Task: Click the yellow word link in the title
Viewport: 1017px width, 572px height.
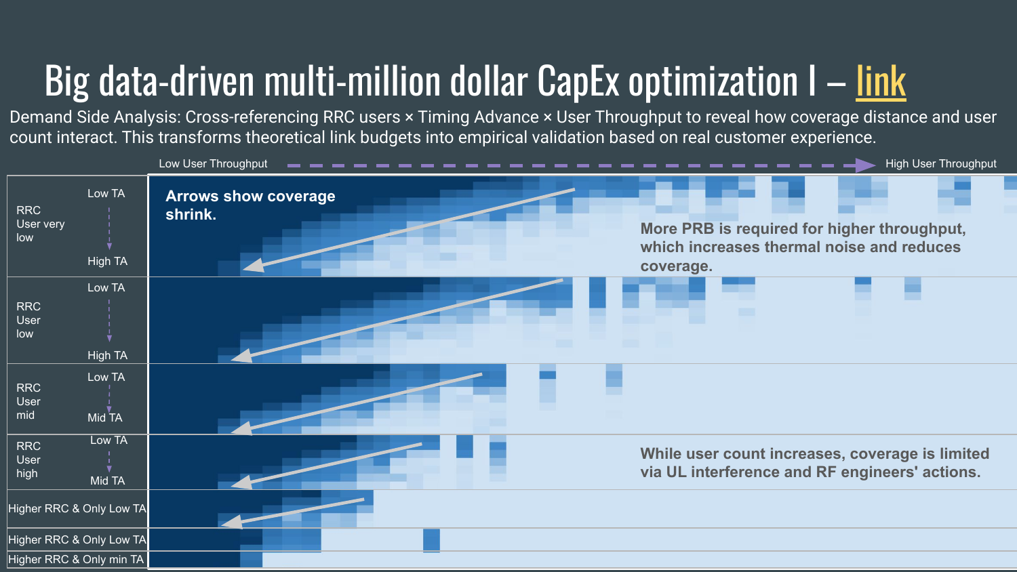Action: point(881,82)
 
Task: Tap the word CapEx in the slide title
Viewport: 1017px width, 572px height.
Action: point(578,82)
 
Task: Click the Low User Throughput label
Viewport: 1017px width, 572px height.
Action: point(213,164)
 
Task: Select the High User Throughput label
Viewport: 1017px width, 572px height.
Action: point(940,164)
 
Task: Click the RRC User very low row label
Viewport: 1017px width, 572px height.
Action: point(40,224)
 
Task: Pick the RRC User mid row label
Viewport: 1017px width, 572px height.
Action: point(28,401)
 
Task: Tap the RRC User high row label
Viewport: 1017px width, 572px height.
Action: point(28,459)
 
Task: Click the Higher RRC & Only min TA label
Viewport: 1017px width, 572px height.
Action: point(76,560)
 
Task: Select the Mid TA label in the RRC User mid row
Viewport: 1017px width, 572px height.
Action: point(105,417)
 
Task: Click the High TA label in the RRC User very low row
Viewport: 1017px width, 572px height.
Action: point(107,262)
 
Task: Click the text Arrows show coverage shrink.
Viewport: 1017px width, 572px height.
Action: point(250,205)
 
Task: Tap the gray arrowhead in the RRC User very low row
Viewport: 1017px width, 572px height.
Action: point(253,266)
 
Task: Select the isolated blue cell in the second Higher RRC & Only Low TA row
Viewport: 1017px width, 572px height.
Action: point(431,540)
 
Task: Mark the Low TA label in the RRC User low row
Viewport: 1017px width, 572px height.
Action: point(106,288)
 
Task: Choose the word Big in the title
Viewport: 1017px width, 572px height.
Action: point(67,82)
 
